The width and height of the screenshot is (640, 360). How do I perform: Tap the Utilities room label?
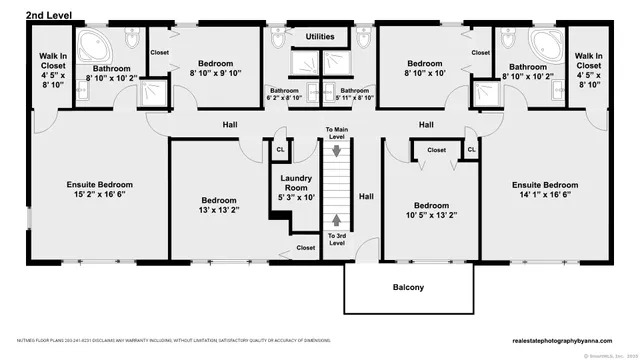[x=320, y=36]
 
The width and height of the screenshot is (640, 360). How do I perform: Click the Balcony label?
[x=408, y=288]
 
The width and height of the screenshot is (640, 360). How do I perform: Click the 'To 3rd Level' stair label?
[x=337, y=239]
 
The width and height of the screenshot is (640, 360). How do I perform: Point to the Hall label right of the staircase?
[x=366, y=196]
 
